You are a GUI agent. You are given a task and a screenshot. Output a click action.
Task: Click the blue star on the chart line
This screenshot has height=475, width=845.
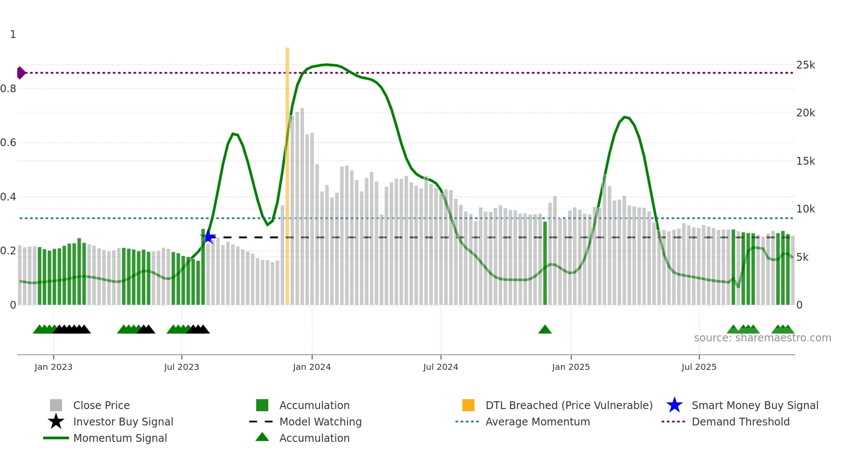(209, 237)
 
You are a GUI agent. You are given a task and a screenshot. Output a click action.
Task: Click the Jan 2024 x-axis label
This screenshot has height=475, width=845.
(312, 367)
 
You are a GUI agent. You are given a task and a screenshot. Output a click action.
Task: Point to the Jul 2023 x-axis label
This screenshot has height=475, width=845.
(182, 367)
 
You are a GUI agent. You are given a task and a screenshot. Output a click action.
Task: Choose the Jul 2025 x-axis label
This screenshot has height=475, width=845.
(699, 367)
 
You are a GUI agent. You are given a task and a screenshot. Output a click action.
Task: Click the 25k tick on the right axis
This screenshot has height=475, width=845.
(805, 65)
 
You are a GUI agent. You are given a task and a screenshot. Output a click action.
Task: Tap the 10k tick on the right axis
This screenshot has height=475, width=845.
(805, 209)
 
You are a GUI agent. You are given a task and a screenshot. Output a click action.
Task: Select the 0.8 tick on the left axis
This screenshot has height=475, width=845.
(9, 89)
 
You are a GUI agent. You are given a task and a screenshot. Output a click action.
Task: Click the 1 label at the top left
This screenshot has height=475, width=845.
(13, 34)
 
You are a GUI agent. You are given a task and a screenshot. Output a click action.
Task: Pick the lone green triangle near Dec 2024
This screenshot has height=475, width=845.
(545, 330)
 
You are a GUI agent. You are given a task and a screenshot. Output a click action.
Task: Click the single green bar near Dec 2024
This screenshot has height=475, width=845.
(545, 263)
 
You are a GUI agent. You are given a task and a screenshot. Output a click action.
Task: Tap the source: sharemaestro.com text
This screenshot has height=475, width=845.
(762, 338)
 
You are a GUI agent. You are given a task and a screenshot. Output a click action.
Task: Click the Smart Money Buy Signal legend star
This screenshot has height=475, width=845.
(674, 405)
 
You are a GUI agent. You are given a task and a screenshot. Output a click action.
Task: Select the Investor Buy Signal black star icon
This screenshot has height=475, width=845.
(56, 422)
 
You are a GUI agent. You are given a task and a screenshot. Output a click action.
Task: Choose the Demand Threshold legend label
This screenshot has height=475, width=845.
(740, 422)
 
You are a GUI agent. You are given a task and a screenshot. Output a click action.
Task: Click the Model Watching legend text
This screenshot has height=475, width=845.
(320, 422)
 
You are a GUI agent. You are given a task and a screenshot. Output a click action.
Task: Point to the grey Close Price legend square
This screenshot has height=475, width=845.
(56, 405)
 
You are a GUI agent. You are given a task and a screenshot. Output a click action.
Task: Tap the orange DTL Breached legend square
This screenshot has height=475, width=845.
(468, 405)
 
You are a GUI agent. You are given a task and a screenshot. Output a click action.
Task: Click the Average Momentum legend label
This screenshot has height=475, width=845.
(538, 422)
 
